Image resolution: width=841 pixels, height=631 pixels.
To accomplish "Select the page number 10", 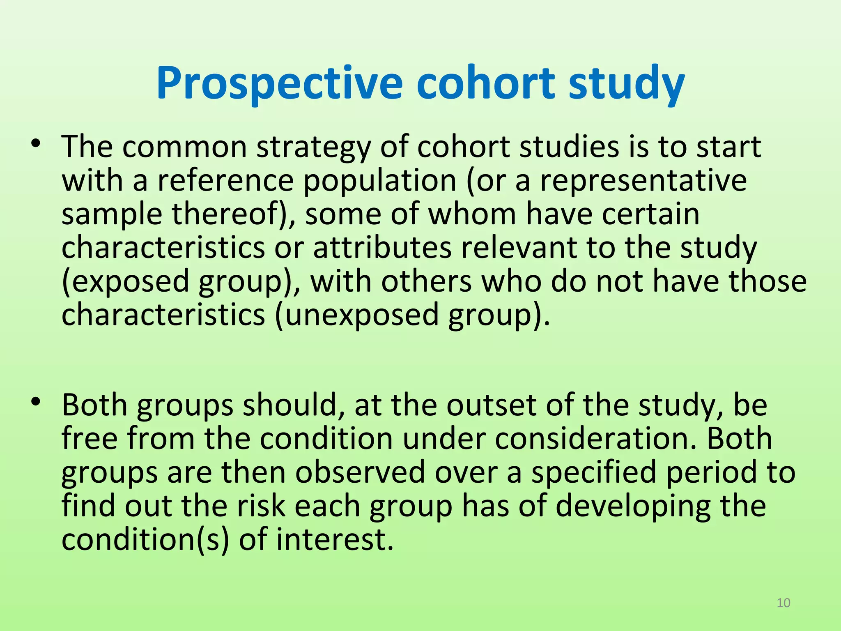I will pos(784,603).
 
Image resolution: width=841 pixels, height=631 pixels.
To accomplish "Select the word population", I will pos(380,181).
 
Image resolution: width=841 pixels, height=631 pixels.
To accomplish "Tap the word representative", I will pos(643,181).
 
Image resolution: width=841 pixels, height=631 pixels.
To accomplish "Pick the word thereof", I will pos(230,214).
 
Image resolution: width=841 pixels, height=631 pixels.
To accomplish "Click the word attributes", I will pos(382,248).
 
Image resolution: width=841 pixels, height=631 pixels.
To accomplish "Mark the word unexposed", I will pos(361,315).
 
